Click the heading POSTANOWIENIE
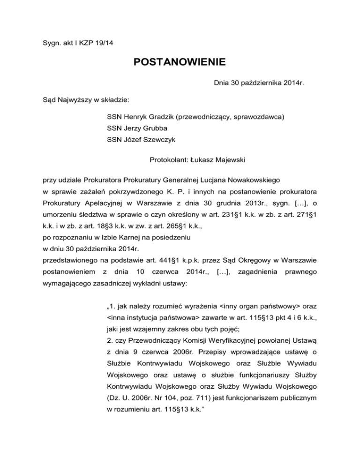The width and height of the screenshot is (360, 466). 180,61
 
